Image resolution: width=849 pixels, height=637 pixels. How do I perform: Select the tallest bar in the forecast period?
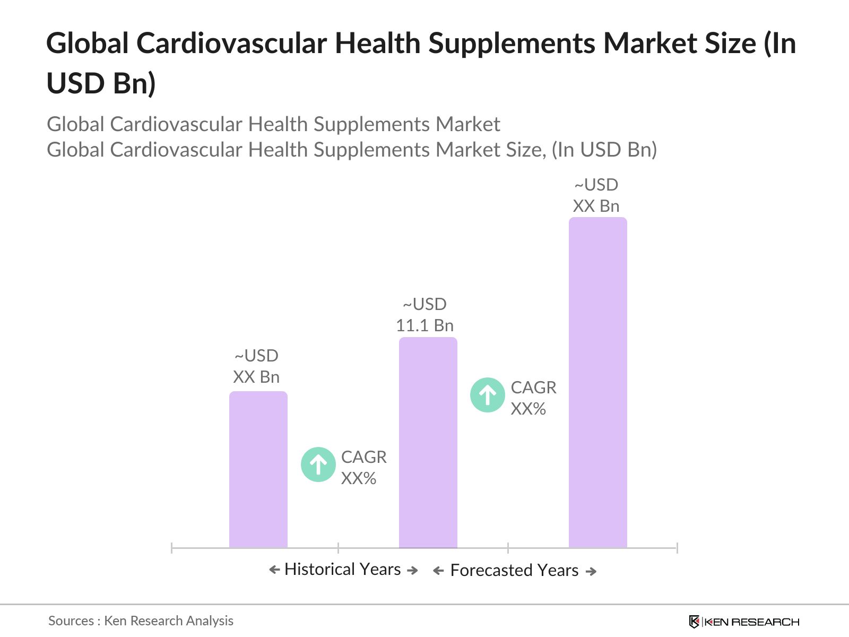pos(597,382)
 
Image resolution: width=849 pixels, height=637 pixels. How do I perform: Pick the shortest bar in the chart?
pos(258,469)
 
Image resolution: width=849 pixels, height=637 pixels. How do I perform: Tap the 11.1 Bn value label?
pos(424,325)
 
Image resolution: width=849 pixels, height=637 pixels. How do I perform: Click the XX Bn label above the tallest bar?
pos(596,206)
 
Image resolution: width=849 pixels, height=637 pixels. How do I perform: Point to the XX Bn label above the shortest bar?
pos(256,377)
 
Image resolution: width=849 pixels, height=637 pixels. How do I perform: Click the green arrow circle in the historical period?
pos(318,465)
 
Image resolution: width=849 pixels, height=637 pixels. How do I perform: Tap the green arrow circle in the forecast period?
pos(488,395)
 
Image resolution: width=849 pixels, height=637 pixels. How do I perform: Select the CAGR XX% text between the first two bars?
pos(363,468)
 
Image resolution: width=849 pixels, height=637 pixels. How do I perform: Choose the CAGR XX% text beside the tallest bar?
pos(533,398)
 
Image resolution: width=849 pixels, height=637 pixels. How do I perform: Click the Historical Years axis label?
pos(343,570)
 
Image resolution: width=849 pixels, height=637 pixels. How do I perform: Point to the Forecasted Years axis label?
pos(514,571)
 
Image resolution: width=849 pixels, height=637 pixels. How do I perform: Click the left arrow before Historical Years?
pos(274,570)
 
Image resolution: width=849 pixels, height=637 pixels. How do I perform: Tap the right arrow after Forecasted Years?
pos(591,571)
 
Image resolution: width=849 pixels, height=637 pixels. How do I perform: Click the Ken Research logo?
pos(743,622)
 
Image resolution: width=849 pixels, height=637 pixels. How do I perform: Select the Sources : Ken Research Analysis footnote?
pos(141,621)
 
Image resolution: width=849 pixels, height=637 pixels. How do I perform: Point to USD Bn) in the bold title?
pos(101,83)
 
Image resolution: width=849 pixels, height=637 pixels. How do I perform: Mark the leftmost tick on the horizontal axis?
pos(172,548)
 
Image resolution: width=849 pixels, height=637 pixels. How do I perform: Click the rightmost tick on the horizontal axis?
pos(677,548)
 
